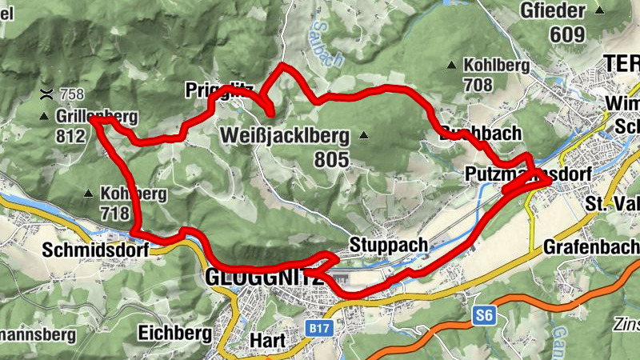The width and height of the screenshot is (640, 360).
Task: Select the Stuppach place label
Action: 384,243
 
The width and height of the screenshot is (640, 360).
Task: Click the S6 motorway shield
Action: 482,316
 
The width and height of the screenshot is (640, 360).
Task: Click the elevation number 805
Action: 332,160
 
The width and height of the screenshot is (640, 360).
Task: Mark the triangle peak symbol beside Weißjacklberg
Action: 365,135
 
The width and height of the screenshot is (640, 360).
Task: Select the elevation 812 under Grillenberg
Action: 70,136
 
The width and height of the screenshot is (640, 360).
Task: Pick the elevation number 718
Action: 114,213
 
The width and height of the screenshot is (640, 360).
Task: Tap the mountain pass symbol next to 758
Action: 47,94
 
